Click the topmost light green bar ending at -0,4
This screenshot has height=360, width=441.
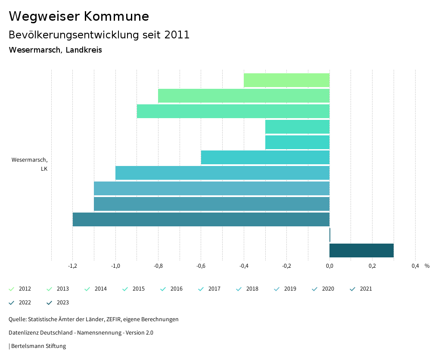coord(286,80)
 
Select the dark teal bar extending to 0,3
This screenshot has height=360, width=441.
coord(361,250)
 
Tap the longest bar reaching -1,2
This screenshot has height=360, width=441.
coord(201,219)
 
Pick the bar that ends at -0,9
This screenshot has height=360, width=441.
coord(233,111)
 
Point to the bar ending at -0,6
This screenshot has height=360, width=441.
coord(265,157)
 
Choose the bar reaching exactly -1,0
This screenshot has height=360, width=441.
coord(222,173)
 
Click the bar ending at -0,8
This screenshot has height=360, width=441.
coord(244,96)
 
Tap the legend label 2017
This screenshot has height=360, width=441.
coord(214,289)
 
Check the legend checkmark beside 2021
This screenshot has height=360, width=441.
coord(353,289)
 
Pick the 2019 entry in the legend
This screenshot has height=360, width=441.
coord(290,289)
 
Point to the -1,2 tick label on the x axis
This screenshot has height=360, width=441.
coord(73,266)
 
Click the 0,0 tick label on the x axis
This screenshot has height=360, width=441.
coord(329,266)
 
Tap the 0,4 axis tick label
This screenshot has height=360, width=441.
coord(415,266)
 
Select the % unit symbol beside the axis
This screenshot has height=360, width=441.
coord(427,266)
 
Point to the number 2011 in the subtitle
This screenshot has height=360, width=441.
coord(177,35)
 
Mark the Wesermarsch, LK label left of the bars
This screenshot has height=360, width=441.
coord(30,164)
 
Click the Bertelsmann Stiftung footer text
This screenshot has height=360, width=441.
coord(38,346)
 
